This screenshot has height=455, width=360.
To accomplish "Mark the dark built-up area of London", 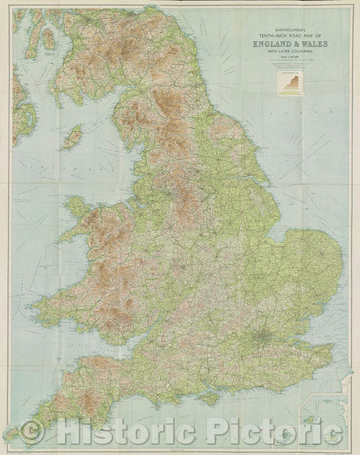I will [x=263, y=336].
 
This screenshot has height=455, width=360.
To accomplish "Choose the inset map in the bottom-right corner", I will [x=325, y=418].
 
